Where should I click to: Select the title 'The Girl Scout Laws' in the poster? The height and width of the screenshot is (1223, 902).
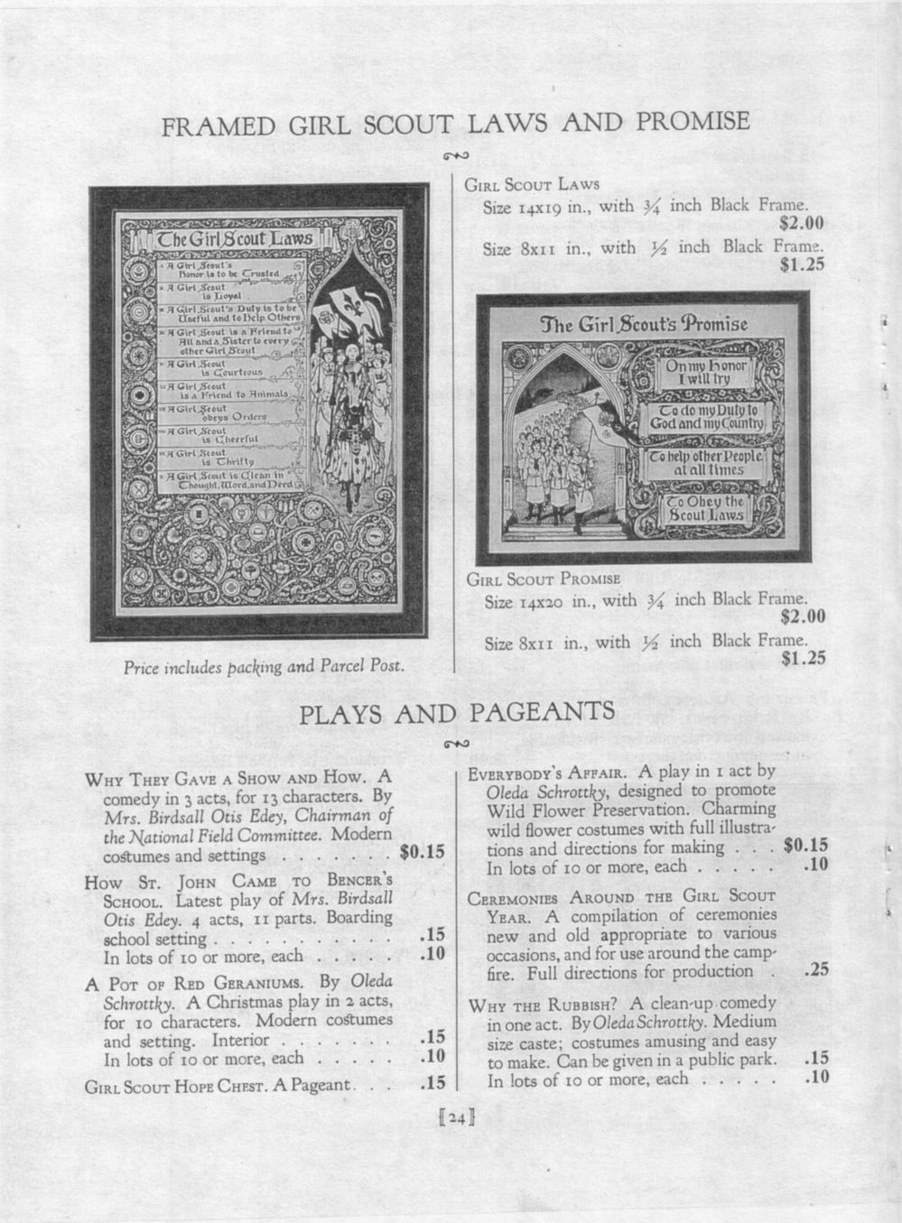pos(235,239)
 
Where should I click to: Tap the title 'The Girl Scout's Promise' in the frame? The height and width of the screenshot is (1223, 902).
pos(643,324)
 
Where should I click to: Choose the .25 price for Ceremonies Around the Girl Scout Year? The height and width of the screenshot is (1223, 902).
pos(815,970)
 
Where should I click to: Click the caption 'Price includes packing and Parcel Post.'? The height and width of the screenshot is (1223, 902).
pos(263,667)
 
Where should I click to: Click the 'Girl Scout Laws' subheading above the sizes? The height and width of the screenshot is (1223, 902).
pos(532,185)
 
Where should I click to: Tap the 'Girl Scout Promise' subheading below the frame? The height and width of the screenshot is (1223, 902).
pos(543,579)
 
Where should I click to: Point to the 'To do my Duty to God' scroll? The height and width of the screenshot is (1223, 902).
pos(713,418)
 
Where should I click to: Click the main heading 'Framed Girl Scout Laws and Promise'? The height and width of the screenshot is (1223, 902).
pos(456,124)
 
